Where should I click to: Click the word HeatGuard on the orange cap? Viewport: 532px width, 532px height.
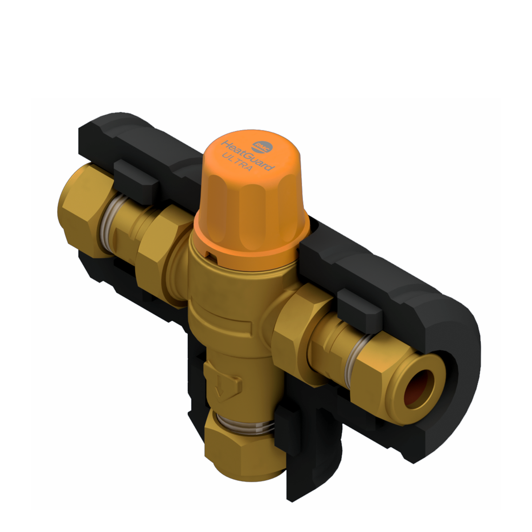click(248, 154)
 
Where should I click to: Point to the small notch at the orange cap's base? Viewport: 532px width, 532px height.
click(209, 253)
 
